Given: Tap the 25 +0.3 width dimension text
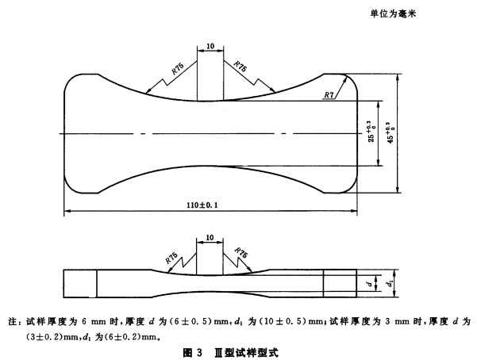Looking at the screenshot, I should click(x=369, y=133).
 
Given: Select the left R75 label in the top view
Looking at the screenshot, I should click(x=177, y=70).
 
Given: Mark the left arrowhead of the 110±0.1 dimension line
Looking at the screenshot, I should click(x=67, y=210).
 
